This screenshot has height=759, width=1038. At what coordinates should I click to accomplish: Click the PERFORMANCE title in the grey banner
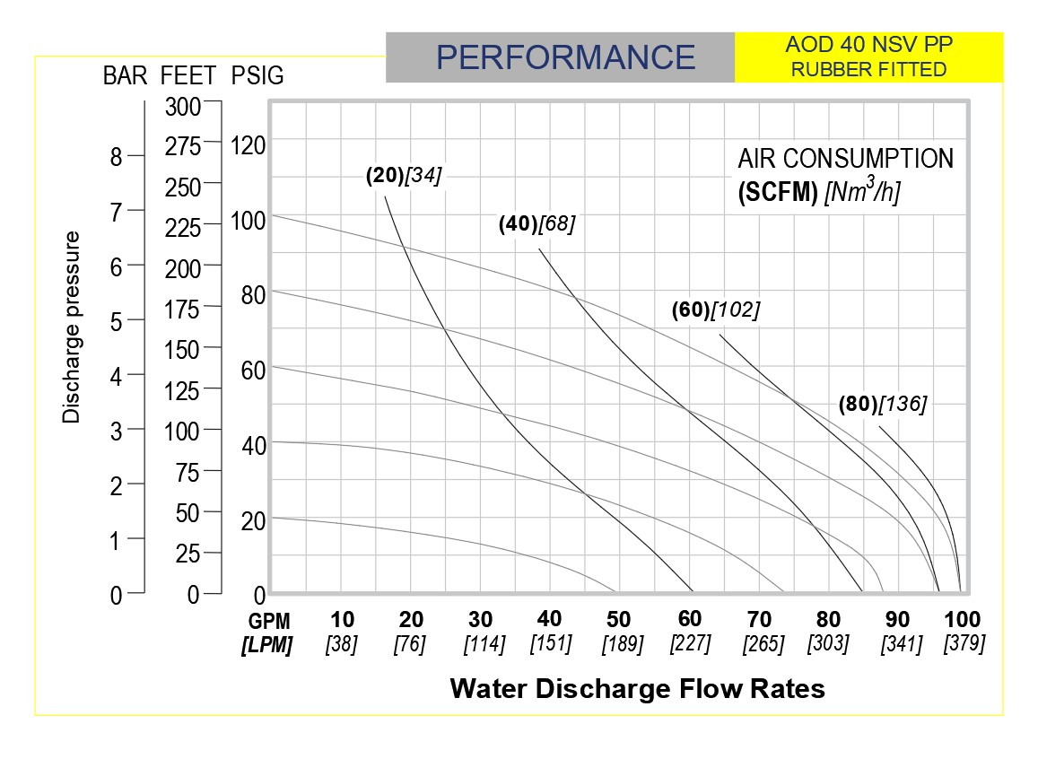[565, 57]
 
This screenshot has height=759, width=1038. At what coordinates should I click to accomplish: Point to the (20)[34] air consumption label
[404, 176]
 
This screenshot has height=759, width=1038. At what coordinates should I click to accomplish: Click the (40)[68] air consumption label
[536, 224]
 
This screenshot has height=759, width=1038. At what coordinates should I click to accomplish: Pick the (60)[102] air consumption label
[715, 310]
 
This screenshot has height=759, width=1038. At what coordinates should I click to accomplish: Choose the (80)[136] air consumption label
[882, 404]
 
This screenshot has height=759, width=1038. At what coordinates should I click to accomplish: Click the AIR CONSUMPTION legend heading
[845, 159]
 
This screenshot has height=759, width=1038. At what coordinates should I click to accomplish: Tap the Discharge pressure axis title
[72, 327]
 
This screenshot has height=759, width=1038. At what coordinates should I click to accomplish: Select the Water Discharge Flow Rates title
[637, 688]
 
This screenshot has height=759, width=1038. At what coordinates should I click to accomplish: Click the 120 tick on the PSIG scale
[249, 144]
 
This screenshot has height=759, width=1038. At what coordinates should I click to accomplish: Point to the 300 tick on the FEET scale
[184, 107]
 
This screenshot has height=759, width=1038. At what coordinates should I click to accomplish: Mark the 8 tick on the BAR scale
[115, 157]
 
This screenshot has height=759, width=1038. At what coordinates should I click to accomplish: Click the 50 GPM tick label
[618, 619]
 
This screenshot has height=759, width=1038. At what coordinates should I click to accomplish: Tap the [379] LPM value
[964, 643]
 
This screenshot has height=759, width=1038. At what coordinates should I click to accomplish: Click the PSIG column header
[257, 76]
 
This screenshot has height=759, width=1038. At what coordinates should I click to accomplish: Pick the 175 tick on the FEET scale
[184, 310]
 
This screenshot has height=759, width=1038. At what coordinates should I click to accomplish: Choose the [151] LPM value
[550, 643]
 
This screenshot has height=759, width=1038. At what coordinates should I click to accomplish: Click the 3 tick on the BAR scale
[115, 431]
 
